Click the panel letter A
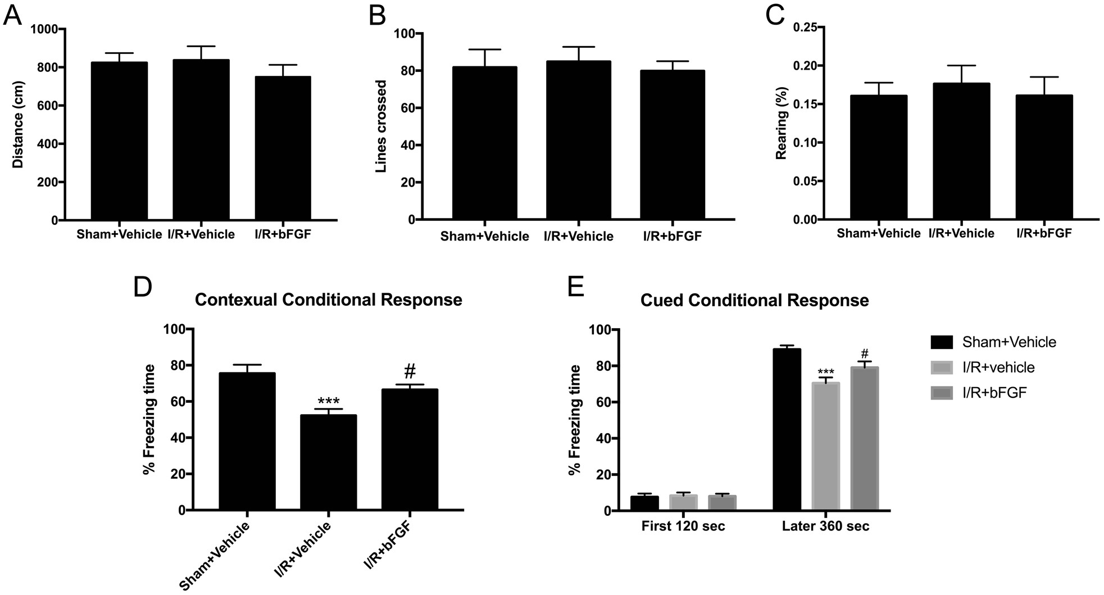pyautogui.click(x=12, y=15)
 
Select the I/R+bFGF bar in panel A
pyautogui.click(x=283, y=149)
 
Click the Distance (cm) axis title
pyautogui.click(x=17, y=125)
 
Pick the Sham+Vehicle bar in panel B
pyautogui.click(x=484, y=143)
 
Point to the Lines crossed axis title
pyautogui.click(x=381, y=126)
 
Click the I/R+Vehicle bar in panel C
pyautogui.click(x=961, y=152)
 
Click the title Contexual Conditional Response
pyautogui.click(x=328, y=300)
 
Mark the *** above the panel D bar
pyautogui.click(x=328, y=401)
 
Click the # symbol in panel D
pyautogui.click(x=410, y=371)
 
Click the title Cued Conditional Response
pyautogui.click(x=754, y=301)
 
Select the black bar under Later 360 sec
pyautogui.click(x=787, y=430)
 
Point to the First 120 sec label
pyautogui.click(x=683, y=526)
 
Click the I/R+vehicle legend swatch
pyautogui.click(x=941, y=367)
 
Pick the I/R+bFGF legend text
pyautogui.click(x=994, y=393)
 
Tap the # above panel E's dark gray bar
pyautogui.click(x=864, y=355)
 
